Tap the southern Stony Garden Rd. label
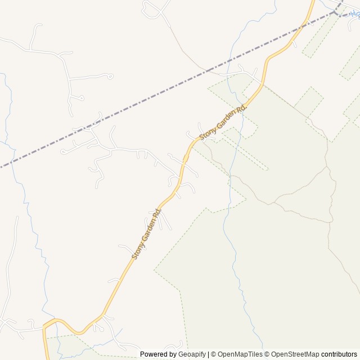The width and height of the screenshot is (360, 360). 147,233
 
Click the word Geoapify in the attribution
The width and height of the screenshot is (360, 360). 191,354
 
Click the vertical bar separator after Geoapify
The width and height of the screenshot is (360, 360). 208,354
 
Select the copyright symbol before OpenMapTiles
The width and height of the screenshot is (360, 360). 213,354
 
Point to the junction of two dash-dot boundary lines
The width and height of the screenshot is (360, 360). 336,12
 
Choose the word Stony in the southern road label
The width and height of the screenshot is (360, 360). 137,251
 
